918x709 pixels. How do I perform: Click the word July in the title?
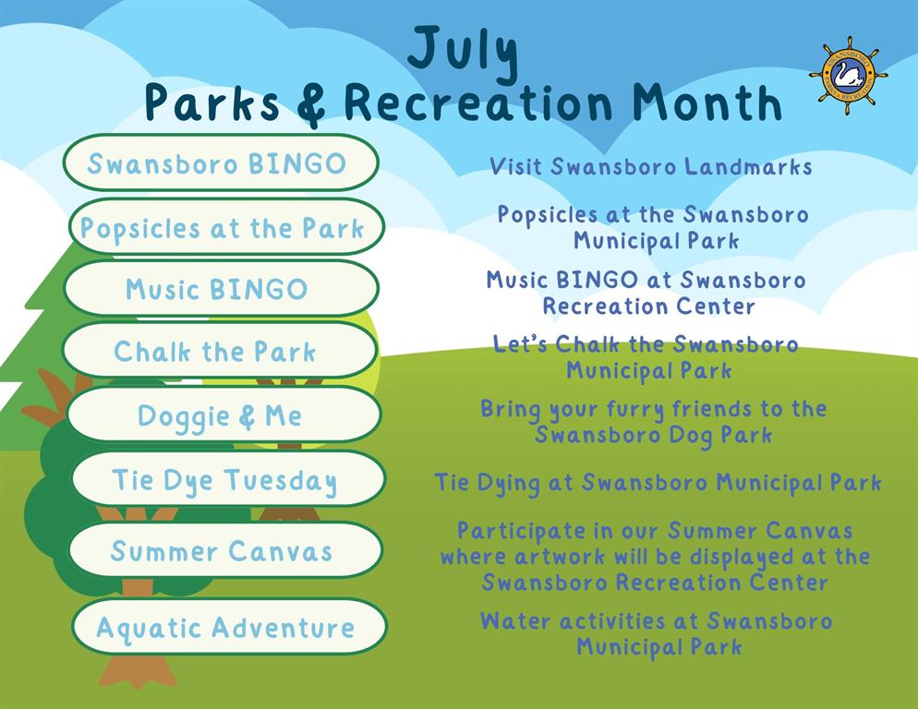coord(463,53)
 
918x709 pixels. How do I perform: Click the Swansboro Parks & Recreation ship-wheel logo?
coord(848,76)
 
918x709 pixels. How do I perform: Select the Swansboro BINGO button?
coord(222,162)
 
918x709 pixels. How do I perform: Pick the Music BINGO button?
coord(222,289)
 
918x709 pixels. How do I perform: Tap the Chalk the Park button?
coord(220,351)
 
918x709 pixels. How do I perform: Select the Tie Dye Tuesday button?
coord(228,479)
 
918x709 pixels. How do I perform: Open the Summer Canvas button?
coord(225,550)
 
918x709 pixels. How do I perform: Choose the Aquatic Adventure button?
coord(229,627)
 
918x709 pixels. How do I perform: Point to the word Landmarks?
coord(748,166)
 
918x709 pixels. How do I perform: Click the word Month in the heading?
coord(707,102)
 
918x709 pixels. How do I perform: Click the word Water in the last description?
coord(515,620)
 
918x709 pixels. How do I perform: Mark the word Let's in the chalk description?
coord(521,343)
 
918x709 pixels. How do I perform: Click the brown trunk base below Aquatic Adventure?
coord(137,670)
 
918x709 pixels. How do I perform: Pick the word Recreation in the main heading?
coord(478,102)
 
